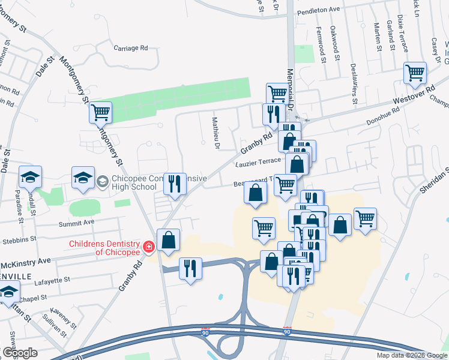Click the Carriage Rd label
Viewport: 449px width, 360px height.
point(131,48)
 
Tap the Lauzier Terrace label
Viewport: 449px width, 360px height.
point(258,162)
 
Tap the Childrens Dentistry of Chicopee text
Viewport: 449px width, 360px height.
point(104,247)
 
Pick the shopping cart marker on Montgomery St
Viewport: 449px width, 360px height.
point(100,112)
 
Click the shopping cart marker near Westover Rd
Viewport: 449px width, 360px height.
point(415,73)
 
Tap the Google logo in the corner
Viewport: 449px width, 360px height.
point(20,352)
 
